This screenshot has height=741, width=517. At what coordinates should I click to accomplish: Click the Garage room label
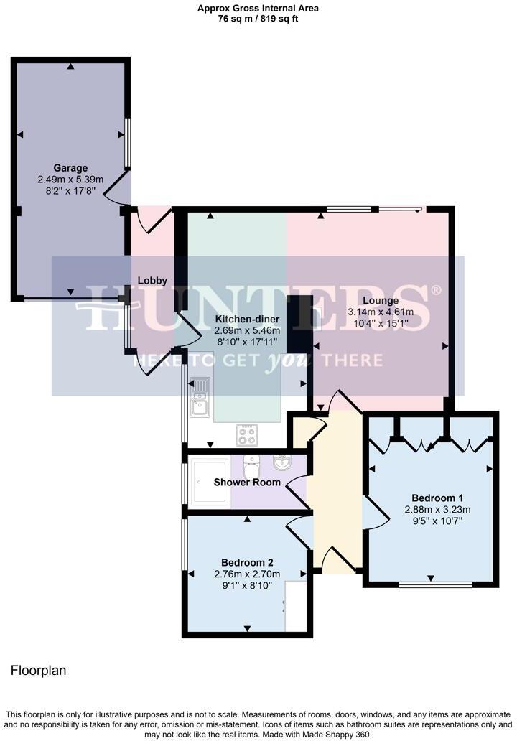click(70, 168)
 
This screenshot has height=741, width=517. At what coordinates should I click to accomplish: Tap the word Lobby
click(153, 281)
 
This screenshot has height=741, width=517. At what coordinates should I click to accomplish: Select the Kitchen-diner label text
click(247, 319)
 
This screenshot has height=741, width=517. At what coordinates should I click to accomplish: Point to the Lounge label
click(381, 301)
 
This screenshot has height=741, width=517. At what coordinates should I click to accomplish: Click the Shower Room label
click(247, 482)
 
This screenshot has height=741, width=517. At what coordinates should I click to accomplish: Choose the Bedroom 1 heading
click(437, 498)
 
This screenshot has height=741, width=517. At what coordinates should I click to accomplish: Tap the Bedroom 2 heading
click(247, 562)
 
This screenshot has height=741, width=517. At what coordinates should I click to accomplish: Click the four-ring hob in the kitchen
click(247, 434)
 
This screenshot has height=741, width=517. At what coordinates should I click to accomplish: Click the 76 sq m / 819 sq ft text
click(258, 19)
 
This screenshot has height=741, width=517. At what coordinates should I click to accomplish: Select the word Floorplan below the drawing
click(38, 671)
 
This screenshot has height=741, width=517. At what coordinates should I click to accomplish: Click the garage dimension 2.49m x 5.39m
click(70, 180)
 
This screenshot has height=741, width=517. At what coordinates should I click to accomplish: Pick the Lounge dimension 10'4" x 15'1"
click(381, 324)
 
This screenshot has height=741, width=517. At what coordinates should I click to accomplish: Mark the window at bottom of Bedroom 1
click(435, 584)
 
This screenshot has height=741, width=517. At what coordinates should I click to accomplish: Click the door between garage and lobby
click(116, 188)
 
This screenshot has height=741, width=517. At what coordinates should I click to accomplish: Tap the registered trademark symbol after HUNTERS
click(435, 290)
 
